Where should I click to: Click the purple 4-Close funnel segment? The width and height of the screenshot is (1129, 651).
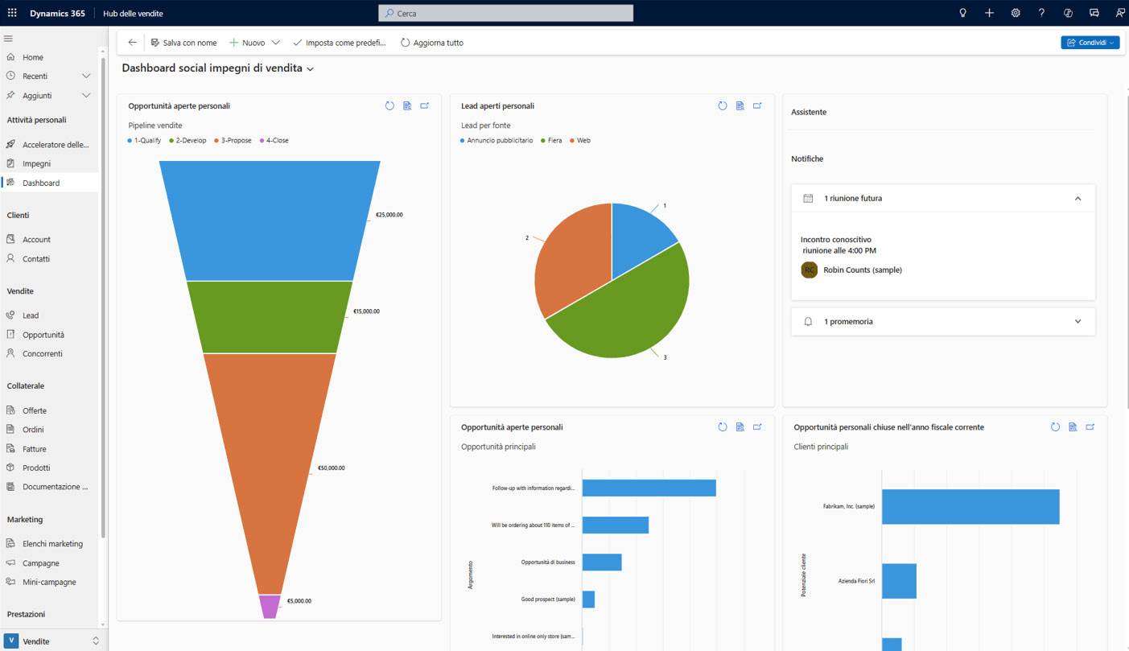click(270, 607)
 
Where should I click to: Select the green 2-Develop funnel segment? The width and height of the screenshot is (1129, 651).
click(270, 317)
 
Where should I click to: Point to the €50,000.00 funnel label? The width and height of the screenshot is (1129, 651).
click(331, 468)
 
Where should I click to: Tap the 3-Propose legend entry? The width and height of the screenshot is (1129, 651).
click(233, 141)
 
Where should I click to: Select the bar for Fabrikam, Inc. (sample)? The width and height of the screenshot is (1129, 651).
click(970, 507)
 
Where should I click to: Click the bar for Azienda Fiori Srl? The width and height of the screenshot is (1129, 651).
click(899, 581)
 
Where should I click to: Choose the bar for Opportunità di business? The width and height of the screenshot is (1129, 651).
click(602, 562)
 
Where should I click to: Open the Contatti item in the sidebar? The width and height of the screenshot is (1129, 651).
click(36, 259)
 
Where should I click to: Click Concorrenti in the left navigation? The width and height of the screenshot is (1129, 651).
click(42, 354)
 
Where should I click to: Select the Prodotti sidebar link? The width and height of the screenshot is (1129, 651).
click(36, 468)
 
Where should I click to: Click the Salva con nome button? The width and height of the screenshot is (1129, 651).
click(183, 43)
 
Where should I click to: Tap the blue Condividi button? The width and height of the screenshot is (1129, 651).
click(1089, 43)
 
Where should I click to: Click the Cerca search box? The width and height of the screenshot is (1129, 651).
click(505, 14)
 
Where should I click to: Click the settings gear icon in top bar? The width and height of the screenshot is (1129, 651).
click(1016, 14)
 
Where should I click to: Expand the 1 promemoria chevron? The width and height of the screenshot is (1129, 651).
click(1077, 322)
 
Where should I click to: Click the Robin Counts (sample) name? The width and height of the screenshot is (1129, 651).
click(862, 270)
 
